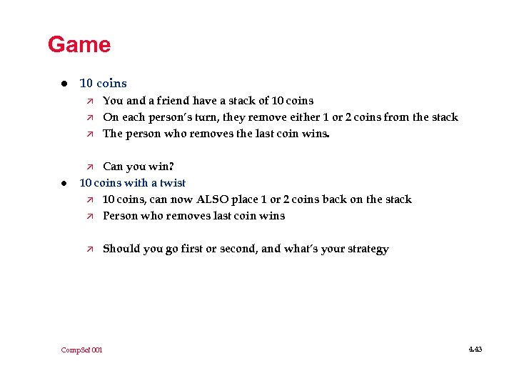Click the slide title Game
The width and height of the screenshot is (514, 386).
[79, 45]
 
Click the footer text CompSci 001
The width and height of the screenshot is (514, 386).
[81, 350]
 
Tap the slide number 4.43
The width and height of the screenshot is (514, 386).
[475, 350]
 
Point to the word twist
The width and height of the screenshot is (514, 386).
[173, 183]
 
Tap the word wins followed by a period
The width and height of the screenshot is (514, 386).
[311, 134]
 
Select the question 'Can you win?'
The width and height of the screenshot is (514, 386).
[138, 167]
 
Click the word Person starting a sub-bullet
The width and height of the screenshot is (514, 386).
[121, 216]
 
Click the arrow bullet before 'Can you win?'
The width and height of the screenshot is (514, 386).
[89, 167]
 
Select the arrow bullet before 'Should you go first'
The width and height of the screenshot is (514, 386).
[89, 249]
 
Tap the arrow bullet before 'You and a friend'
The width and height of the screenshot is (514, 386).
[89, 101]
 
